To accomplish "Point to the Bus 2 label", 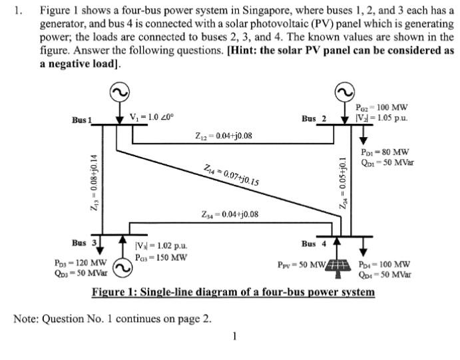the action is click(314, 119).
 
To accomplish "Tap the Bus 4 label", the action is click(314, 244).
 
